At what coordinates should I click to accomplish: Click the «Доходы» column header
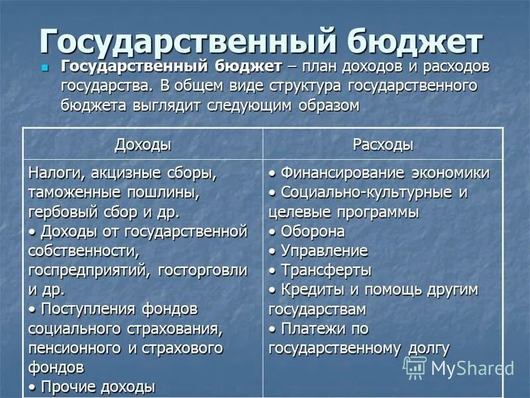tap(142, 145)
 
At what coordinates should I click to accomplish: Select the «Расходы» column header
tap(383, 145)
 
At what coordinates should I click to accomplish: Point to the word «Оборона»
tap(313, 232)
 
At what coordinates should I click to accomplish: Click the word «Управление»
tap(324, 251)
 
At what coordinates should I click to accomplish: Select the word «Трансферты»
tap(326, 271)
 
